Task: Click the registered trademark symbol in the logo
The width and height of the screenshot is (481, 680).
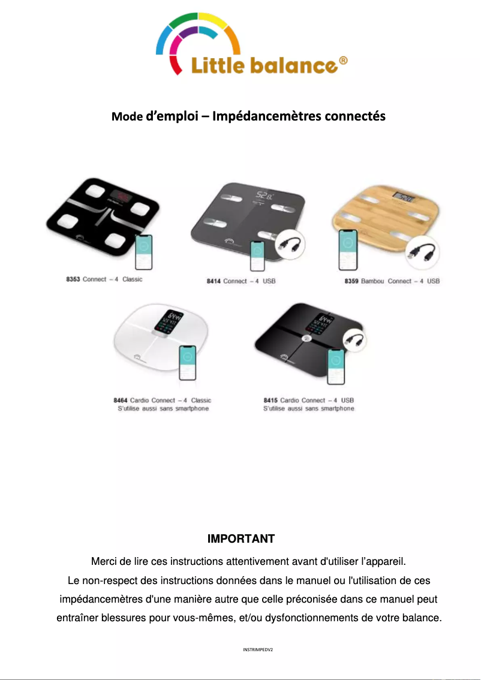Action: [x=343, y=61]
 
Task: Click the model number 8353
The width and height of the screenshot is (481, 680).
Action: [x=73, y=279]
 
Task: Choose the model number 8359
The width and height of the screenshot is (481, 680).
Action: [x=351, y=281]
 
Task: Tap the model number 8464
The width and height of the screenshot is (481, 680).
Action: [x=121, y=400]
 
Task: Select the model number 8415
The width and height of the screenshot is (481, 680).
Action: [x=270, y=400]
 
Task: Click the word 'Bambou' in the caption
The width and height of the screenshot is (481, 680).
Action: [x=373, y=281]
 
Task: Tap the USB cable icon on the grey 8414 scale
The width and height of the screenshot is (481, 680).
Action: [x=290, y=245]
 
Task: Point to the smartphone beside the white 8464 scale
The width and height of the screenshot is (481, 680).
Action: [x=188, y=363]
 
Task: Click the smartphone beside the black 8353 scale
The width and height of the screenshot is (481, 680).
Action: [x=143, y=252]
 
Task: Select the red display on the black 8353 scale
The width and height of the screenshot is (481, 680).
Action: [x=122, y=196]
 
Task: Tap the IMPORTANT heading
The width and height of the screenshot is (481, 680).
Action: [x=240, y=538]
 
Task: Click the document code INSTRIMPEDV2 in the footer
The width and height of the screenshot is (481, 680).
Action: [x=258, y=649]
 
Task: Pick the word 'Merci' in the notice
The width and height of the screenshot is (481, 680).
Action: [x=104, y=562]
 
